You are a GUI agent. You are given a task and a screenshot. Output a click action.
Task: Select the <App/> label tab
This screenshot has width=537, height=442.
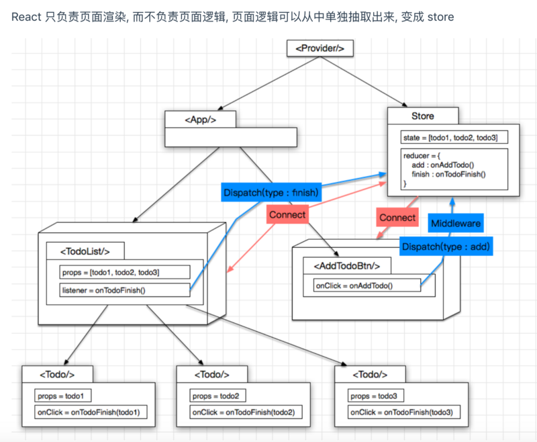pos(200,119)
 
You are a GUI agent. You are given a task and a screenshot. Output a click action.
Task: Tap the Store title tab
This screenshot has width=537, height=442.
pos(422,116)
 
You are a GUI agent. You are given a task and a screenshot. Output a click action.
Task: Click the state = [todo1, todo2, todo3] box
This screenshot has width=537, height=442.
pos(454,137)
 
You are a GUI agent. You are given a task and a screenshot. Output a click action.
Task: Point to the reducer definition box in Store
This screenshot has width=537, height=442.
pos(454,169)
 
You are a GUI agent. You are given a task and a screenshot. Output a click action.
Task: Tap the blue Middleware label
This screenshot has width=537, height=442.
pos(456,222)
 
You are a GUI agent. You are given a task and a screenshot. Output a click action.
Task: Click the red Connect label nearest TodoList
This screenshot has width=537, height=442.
pos(287,215)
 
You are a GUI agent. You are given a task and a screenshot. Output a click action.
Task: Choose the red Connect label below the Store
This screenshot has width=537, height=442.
pos(397,218)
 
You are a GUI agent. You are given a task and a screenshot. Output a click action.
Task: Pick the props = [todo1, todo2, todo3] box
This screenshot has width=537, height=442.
pos(124,271)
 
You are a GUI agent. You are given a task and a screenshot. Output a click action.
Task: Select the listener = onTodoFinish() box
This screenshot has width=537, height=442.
pos(124,290)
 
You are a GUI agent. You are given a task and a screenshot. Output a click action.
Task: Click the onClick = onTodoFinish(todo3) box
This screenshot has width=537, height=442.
pos(404,412)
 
